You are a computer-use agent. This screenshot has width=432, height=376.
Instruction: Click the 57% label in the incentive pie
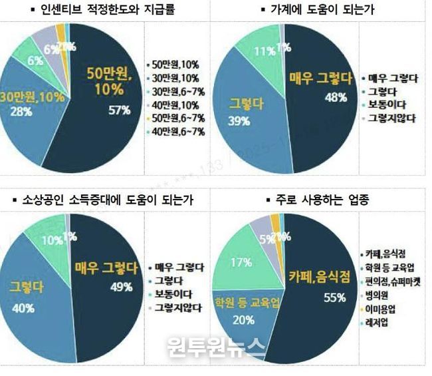tap(119, 110)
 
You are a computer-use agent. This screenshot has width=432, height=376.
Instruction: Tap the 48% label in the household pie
tap(317, 98)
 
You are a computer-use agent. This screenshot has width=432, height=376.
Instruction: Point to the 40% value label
tap(23, 307)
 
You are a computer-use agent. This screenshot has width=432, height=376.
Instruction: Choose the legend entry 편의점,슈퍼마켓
tap(391, 282)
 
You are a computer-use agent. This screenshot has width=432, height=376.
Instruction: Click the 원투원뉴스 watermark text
tap(216, 346)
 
